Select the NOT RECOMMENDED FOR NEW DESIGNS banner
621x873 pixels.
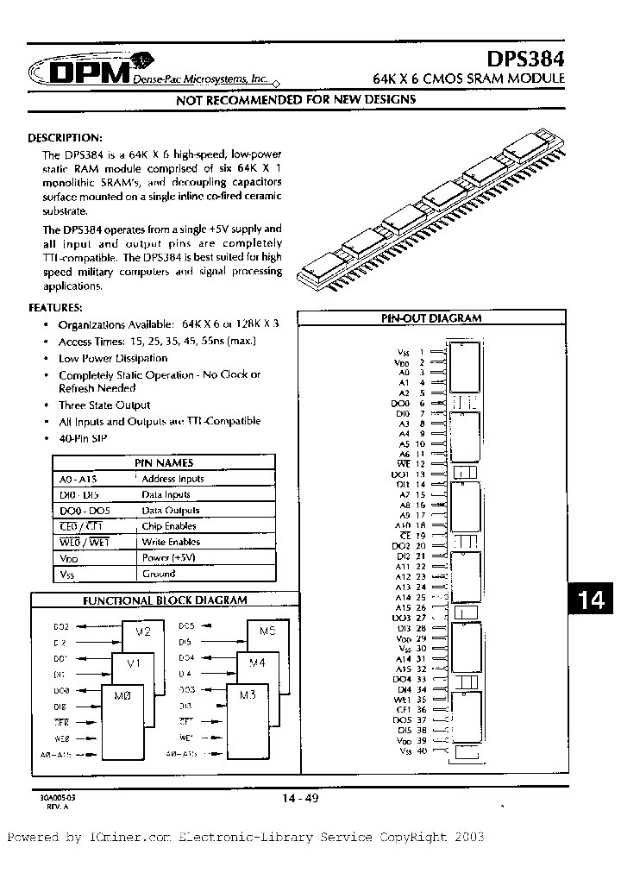pyautogui.click(x=296, y=99)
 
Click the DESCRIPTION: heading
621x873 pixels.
pyautogui.click(x=66, y=138)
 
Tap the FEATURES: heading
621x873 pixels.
pyautogui.click(x=56, y=307)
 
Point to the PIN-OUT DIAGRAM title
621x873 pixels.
pyautogui.click(x=431, y=318)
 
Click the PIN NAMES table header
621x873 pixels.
pyautogui.click(x=164, y=463)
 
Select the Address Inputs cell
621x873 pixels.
pyautogui.click(x=172, y=479)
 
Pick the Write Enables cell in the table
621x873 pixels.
pyautogui.click(x=171, y=542)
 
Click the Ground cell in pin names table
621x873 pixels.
pyautogui.click(x=159, y=574)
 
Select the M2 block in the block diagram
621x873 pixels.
pyautogui.click(x=143, y=632)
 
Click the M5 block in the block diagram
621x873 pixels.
pyautogui.click(x=267, y=632)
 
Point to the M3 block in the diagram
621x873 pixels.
pyautogui.click(x=248, y=695)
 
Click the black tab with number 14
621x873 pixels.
pyautogui.click(x=591, y=600)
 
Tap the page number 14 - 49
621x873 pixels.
pyautogui.click(x=300, y=799)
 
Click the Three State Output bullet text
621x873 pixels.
pyautogui.click(x=104, y=405)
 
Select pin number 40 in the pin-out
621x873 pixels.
pyautogui.click(x=422, y=751)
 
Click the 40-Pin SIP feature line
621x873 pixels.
pyautogui.click(x=81, y=438)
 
